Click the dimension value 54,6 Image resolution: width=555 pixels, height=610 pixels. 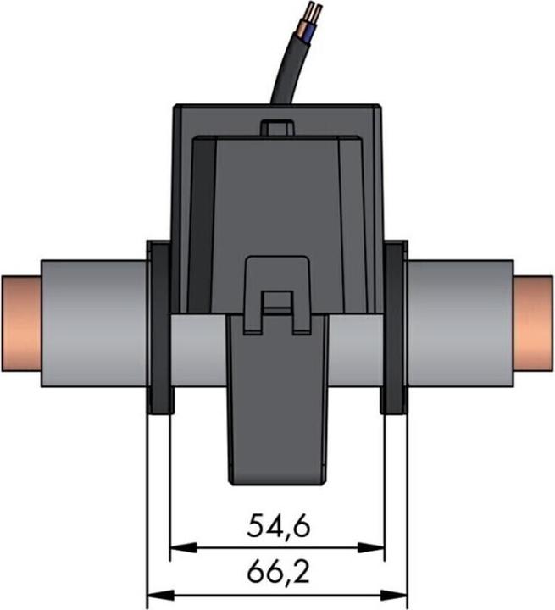[x=278, y=526]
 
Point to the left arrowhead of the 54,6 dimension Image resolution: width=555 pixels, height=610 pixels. [x=177, y=547]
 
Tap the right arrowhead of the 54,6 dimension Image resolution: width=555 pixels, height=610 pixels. [x=379, y=547]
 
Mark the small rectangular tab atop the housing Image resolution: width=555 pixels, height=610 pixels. [x=277, y=128]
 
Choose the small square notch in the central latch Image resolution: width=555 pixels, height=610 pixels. [x=277, y=302]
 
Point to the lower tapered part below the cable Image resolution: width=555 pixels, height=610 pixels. [x=277, y=407]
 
